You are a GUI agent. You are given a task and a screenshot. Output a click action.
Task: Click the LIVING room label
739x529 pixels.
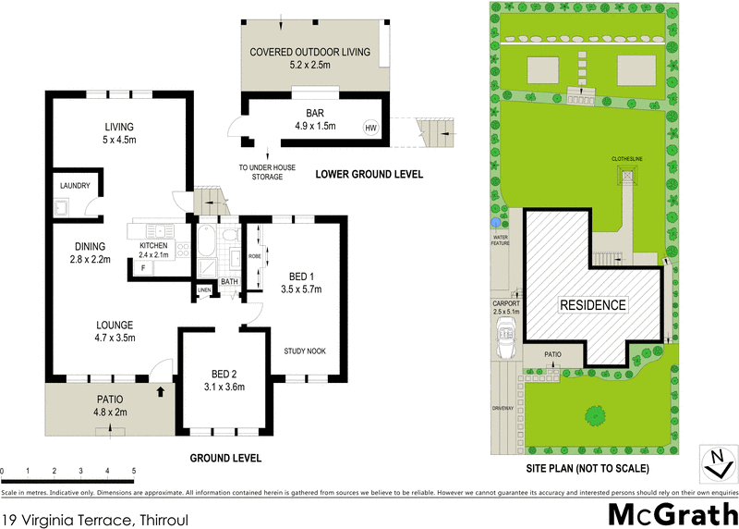click(119, 128)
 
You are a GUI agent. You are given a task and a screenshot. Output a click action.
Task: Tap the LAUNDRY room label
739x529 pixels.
click(74, 186)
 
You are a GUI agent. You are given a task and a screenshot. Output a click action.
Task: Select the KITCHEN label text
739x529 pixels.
click(153, 245)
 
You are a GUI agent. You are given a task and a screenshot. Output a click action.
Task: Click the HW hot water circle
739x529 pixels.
click(370, 128)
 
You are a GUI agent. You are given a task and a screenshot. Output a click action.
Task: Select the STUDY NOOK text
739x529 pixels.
click(305, 351)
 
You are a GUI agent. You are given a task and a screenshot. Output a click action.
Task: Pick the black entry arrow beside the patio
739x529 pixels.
click(163, 391)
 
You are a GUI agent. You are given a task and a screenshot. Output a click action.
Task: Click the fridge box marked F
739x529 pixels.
click(143, 267)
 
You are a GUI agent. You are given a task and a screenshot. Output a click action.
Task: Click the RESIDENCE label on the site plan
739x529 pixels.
click(592, 305)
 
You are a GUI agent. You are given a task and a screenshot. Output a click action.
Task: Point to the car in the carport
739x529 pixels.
click(506, 343)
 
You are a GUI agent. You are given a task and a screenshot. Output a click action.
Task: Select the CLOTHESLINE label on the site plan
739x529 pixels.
click(630, 159)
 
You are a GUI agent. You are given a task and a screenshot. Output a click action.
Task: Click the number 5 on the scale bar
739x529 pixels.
click(134, 472)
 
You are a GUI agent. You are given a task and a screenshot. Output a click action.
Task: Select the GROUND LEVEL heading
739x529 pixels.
click(225, 458)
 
